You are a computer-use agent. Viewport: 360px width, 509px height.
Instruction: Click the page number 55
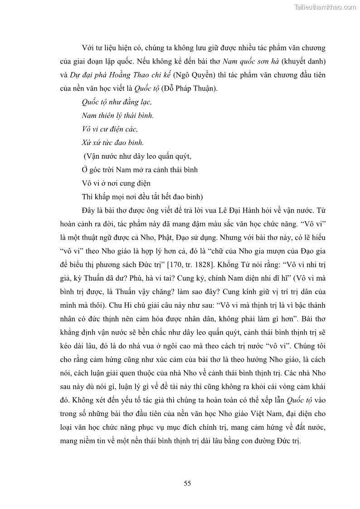coord(187,483)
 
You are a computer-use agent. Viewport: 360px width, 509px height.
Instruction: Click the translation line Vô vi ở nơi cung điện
coord(116,184)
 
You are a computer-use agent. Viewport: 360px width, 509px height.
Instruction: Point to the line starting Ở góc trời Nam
coord(139,170)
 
